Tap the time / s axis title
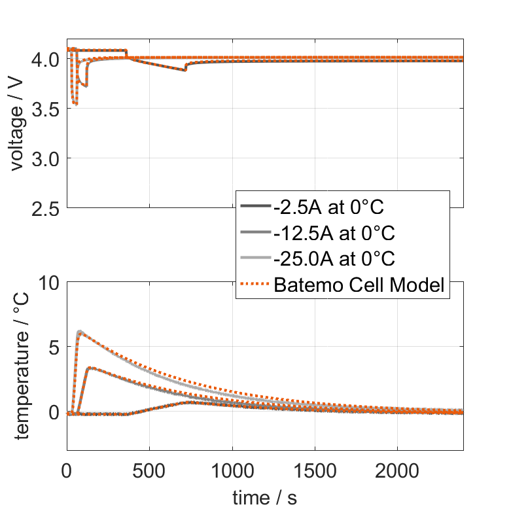(x=264, y=498)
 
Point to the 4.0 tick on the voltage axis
(x=46, y=59)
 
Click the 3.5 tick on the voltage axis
(x=46, y=109)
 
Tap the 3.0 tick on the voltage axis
(x=46, y=158)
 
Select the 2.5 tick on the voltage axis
(x=46, y=208)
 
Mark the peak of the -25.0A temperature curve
(x=80, y=332)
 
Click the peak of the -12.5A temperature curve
(x=90, y=368)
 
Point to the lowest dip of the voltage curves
(x=76, y=103)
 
